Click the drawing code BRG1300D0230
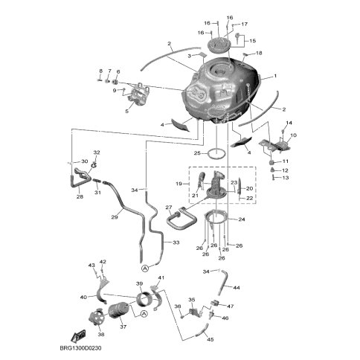(x=80, y=348)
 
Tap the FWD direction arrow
(x=78, y=335)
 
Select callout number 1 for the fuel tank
(x=275, y=76)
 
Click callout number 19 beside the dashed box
(x=179, y=184)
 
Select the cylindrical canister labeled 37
(x=119, y=309)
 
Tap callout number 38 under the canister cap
(x=101, y=334)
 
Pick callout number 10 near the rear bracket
(x=293, y=135)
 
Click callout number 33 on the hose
(x=176, y=242)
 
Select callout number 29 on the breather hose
(x=115, y=217)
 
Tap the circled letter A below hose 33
(x=145, y=268)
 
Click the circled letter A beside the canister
(x=144, y=314)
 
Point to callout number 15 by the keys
(x=252, y=40)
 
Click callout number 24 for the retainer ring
(x=242, y=219)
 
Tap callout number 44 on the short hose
(x=237, y=288)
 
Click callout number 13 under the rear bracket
(x=286, y=178)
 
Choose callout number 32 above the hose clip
(x=96, y=152)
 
